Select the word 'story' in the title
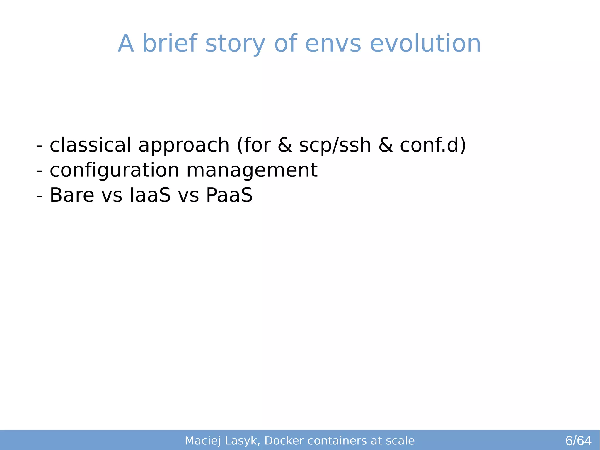(x=235, y=44)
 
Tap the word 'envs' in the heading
(x=333, y=44)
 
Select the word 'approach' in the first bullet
(x=184, y=146)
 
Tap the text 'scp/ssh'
(x=335, y=146)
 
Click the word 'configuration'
(x=114, y=171)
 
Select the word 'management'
(x=252, y=171)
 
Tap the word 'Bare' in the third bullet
(x=72, y=195)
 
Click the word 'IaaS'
(x=150, y=195)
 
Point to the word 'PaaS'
(x=229, y=195)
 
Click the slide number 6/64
(x=578, y=441)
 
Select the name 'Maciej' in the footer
(x=202, y=441)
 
